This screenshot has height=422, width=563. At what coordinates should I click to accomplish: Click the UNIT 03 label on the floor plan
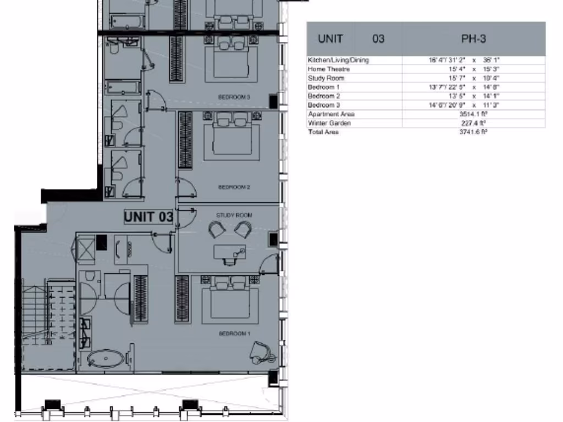[x=148, y=217]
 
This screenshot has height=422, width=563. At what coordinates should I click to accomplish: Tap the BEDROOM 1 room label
[x=235, y=334]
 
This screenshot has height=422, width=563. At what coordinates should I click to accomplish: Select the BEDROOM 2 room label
[x=234, y=187]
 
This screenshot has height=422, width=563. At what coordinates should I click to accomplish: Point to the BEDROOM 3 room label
[x=234, y=97]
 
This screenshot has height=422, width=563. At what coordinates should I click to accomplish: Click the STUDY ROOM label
[x=234, y=215]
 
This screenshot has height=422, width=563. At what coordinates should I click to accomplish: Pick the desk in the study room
[x=230, y=253]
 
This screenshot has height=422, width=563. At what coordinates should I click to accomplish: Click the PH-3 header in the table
[x=473, y=38]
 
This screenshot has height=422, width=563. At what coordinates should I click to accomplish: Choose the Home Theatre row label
[x=329, y=69]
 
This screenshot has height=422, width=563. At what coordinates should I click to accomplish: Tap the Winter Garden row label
[x=329, y=123]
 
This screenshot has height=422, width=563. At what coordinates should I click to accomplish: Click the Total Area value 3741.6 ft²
[x=473, y=132]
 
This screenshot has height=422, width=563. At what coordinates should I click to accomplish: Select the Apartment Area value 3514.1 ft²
[x=473, y=114]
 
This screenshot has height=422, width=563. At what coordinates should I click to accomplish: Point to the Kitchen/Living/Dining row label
[x=338, y=60]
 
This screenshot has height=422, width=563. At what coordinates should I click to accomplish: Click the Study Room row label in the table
[x=326, y=78]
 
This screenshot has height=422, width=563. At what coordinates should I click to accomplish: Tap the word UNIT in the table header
[x=330, y=38]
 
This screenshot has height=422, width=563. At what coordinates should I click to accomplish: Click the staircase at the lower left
[x=47, y=324]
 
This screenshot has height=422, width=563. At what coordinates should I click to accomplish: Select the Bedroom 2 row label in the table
[x=324, y=96]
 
